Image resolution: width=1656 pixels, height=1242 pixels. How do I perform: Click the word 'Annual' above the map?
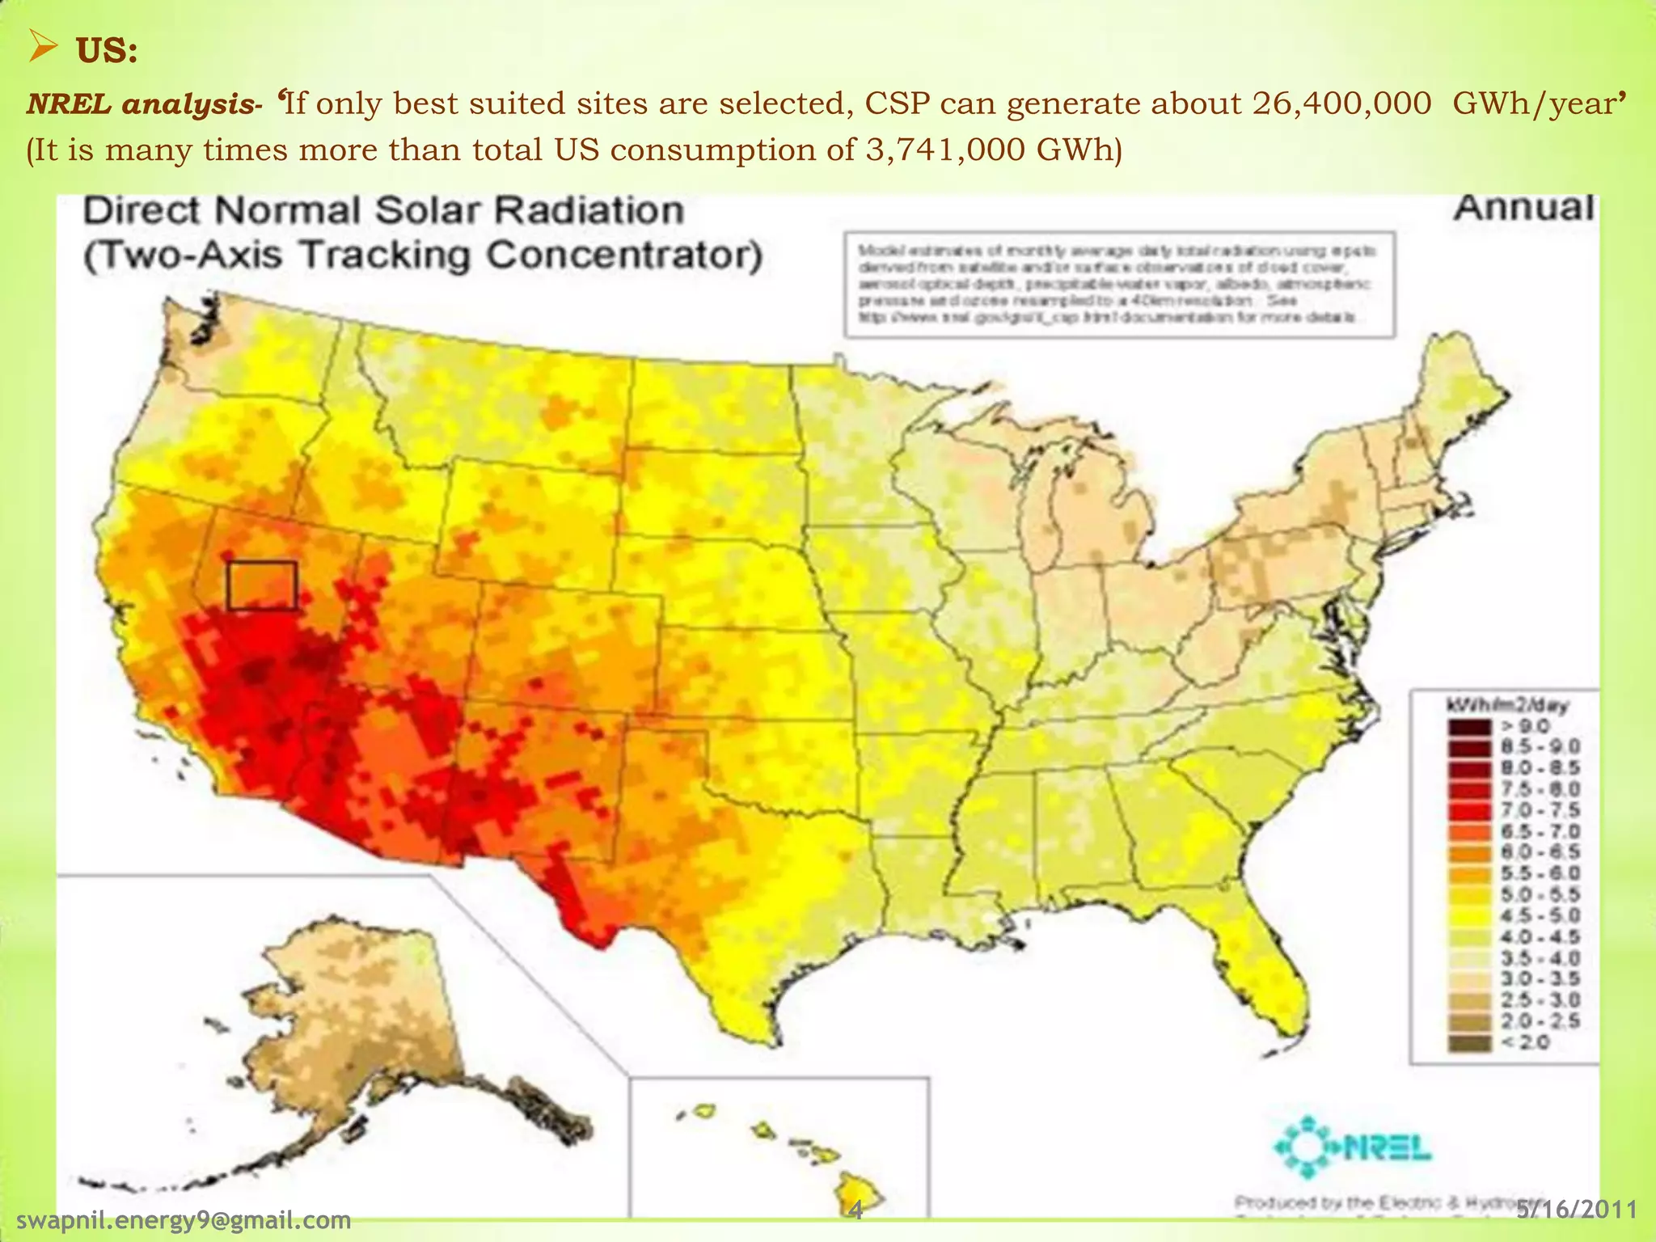[x=1524, y=208]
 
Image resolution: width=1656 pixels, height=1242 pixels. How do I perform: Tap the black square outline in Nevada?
[x=262, y=585]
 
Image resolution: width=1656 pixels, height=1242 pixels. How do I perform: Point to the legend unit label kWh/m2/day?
[x=1506, y=705]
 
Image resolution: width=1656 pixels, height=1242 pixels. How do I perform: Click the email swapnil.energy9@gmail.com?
[x=184, y=1219]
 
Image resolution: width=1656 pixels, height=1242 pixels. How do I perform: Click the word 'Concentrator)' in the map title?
[x=625, y=256]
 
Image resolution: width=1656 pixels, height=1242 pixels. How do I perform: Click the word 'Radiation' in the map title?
[x=589, y=210]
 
